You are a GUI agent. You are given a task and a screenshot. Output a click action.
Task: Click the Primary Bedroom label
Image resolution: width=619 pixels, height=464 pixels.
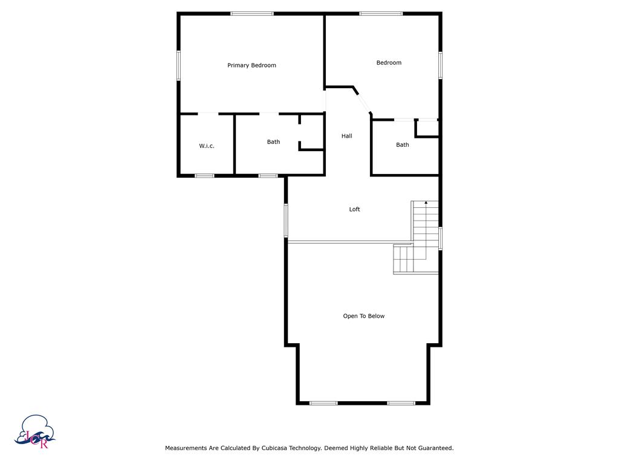251,65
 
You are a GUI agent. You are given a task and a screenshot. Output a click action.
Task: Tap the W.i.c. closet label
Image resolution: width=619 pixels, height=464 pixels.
207,146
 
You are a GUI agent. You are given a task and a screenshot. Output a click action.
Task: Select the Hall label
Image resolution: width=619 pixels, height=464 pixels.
346,137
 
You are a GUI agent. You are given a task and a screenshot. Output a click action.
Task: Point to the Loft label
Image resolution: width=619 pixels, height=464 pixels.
354,210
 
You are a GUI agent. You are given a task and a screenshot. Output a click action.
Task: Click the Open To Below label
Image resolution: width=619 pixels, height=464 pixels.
363,316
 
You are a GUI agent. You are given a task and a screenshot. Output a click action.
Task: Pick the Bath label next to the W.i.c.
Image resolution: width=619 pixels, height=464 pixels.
273,143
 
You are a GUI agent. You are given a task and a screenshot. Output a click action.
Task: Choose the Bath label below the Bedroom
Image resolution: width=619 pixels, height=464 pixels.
402,145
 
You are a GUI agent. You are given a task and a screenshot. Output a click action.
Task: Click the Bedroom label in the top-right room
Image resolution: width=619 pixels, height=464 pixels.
389,63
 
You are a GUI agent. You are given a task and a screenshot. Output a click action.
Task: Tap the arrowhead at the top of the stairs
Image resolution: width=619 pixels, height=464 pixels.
426,203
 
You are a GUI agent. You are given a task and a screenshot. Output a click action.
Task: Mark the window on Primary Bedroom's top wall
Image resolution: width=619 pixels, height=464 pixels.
251,13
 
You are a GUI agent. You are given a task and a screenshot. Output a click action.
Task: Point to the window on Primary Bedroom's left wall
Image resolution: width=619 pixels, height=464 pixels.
178,65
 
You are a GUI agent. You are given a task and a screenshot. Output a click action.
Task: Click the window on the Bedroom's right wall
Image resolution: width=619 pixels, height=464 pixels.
440,65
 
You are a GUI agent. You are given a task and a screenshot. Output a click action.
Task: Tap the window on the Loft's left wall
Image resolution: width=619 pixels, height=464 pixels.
287,220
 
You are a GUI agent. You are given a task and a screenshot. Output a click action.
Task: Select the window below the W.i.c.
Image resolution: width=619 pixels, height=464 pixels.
204,176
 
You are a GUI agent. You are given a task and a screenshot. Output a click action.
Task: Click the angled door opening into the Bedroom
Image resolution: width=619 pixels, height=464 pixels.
363,102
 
